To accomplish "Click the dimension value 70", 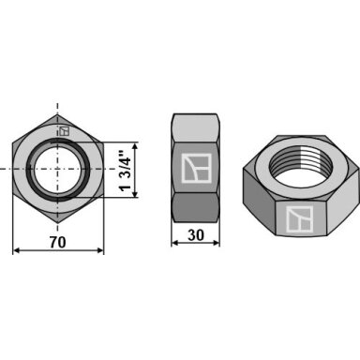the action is pyautogui.click(x=58, y=242).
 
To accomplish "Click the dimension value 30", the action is pyautogui.click(x=196, y=235).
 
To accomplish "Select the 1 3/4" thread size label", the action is pyautogui.click(x=126, y=171).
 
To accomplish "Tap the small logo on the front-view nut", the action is pyautogui.click(x=64, y=131).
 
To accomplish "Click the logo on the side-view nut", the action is pyautogui.click(x=196, y=168).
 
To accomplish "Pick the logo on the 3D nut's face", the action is pyautogui.click(x=299, y=219).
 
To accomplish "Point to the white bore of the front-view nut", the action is pyautogui.click(x=58, y=169).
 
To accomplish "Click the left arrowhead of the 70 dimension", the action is pyautogui.click(x=17, y=250).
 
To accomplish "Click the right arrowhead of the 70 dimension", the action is pyautogui.click(x=100, y=250).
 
